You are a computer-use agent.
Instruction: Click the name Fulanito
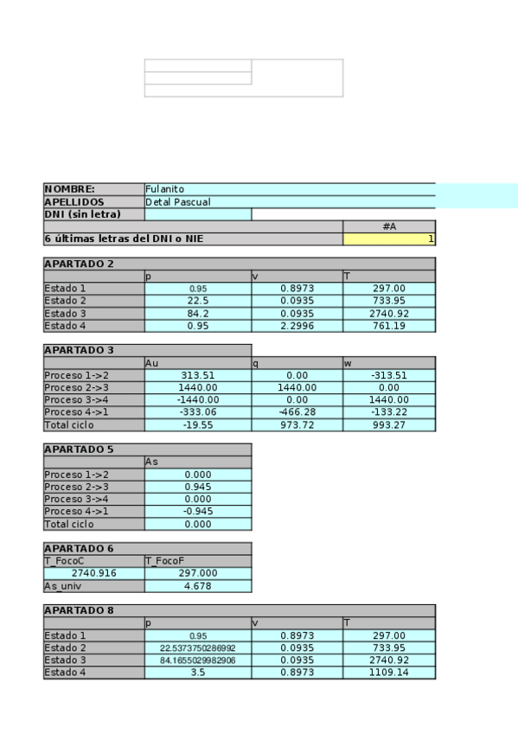point(165,189)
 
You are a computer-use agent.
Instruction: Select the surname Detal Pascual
point(177,201)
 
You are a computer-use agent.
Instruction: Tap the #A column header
point(389,226)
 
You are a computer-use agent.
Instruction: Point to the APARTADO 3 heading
point(79,351)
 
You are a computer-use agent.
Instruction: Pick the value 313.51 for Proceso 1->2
point(198,375)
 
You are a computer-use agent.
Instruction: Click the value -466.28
point(297,412)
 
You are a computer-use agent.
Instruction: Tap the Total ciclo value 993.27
point(389,424)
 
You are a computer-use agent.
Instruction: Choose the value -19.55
point(198,424)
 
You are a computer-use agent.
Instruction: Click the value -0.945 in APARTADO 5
point(198,512)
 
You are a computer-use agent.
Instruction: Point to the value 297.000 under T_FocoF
point(198,573)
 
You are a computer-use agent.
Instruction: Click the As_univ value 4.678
point(198,585)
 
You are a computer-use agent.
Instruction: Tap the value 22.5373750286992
point(198,647)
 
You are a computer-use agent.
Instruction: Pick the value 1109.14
point(389,672)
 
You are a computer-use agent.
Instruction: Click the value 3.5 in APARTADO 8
point(198,672)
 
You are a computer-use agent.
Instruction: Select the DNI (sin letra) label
point(81,214)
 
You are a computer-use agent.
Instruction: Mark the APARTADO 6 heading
point(79,548)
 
